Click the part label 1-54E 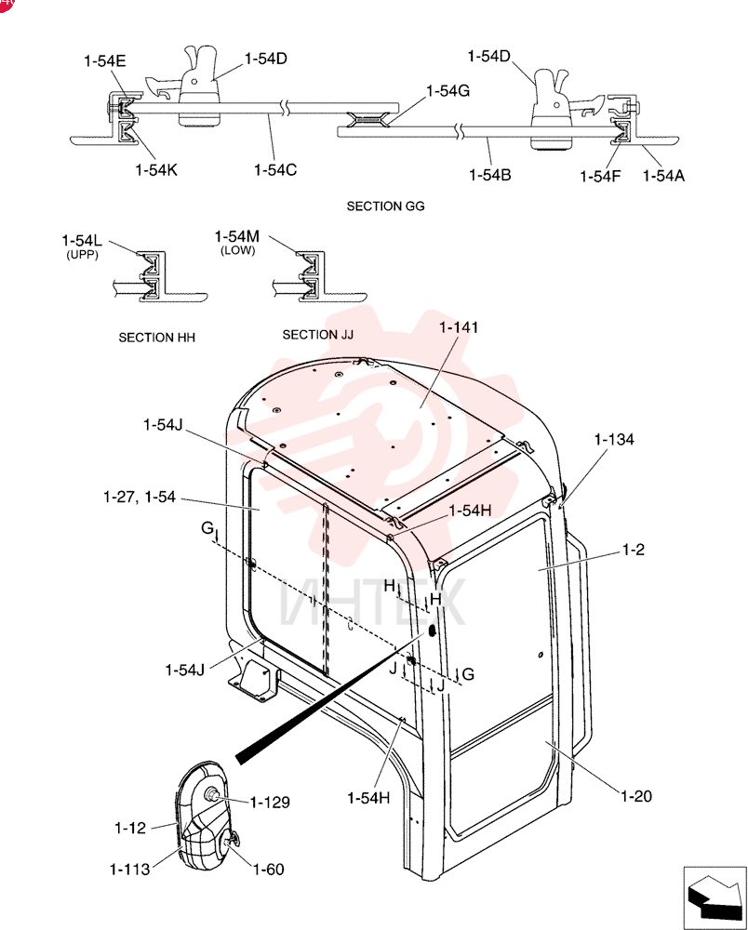(105, 61)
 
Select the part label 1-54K (156, 170)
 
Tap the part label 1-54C (275, 170)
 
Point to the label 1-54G (447, 91)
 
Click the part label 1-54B (490, 175)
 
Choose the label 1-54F (600, 176)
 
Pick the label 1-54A (663, 176)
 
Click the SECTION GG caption (385, 206)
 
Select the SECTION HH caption (156, 338)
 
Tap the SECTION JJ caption (318, 335)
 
